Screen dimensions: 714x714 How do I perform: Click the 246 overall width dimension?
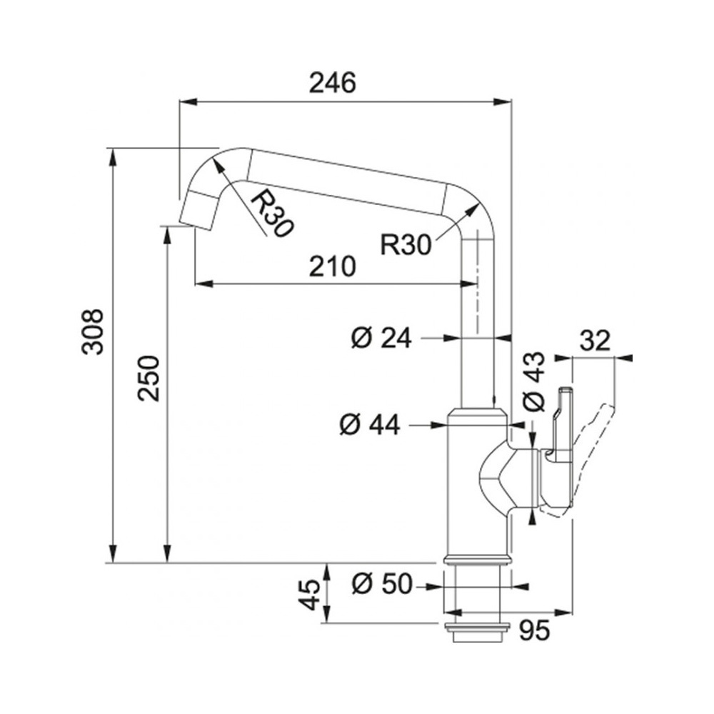332,84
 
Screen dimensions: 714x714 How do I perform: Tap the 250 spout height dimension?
149,378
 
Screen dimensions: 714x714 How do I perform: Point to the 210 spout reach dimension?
332,266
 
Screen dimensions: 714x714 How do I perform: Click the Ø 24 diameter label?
381,338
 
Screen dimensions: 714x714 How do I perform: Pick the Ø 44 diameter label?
370,425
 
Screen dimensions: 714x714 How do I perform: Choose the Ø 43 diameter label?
533,381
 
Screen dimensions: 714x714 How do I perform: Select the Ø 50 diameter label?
381,583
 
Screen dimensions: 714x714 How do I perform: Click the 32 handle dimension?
595,340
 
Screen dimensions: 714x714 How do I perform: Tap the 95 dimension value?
535,630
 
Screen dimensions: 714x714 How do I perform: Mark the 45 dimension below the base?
310,594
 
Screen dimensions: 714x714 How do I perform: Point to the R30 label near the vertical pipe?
406,245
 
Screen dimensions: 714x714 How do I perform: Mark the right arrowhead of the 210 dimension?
468,284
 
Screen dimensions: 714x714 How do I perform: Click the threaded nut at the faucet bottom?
476,631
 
